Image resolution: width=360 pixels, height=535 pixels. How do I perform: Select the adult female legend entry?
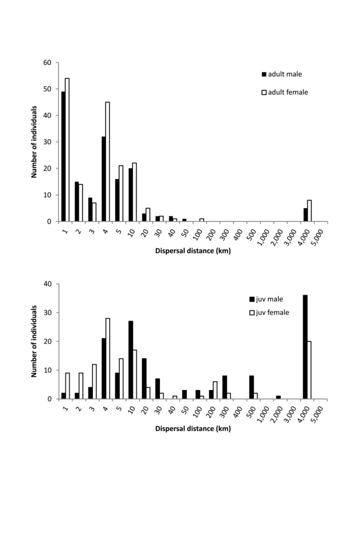(x=285, y=92)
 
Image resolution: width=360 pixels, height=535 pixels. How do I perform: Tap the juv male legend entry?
(x=266, y=299)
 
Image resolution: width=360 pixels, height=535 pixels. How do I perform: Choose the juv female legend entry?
(x=269, y=313)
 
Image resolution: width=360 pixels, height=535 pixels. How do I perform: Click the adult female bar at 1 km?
(x=67, y=150)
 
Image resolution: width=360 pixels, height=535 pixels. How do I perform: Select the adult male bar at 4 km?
(x=104, y=179)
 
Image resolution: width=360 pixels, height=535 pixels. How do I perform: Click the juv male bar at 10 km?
(x=131, y=360)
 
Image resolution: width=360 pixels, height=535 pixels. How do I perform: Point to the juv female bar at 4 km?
(x=108, y=358)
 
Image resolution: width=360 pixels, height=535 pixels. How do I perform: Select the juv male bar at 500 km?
(x=252, y=387)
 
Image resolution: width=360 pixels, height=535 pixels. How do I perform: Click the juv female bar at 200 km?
(x=215, y=390)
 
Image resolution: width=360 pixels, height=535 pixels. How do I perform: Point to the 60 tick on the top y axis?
(x=47, y=62)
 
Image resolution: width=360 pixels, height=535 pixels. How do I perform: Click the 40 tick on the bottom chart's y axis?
(x=47, y=284)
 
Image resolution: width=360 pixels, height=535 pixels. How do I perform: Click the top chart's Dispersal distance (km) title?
(x=193, y=251)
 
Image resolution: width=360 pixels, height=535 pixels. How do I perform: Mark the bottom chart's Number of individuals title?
(x=34, y=341)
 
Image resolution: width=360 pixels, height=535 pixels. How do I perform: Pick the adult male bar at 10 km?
(x=131, y=195)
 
